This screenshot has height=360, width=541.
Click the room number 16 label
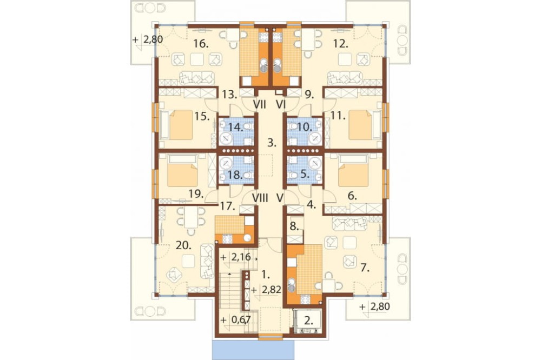(x=201, y=44)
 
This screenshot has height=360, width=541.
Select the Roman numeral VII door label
(x=260, y=104)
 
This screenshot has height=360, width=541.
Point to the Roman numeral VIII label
(x=261, y=198)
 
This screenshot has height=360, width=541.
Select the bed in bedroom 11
(x=360, y=124)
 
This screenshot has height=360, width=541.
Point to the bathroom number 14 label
(x=236, y=127)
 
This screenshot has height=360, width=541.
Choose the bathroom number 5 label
(x=304, y=175)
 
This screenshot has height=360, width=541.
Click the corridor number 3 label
(x=272, y=143)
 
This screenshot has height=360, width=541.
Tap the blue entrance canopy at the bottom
(x=253, y=350)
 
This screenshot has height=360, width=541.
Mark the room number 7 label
(x=365, y=268)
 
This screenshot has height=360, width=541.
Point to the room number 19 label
(x=196, y=194)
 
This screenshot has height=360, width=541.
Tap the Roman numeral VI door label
(x=281, y=104)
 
